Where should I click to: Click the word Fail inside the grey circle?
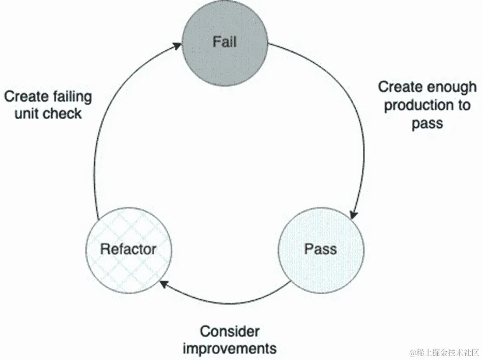coord(225,42)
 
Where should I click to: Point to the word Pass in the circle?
coord(321,250)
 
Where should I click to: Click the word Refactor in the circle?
coord(128,250)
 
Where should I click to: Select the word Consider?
coord(230,331)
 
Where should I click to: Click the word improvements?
coord(230,349)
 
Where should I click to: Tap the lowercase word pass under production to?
coord(427,124)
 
